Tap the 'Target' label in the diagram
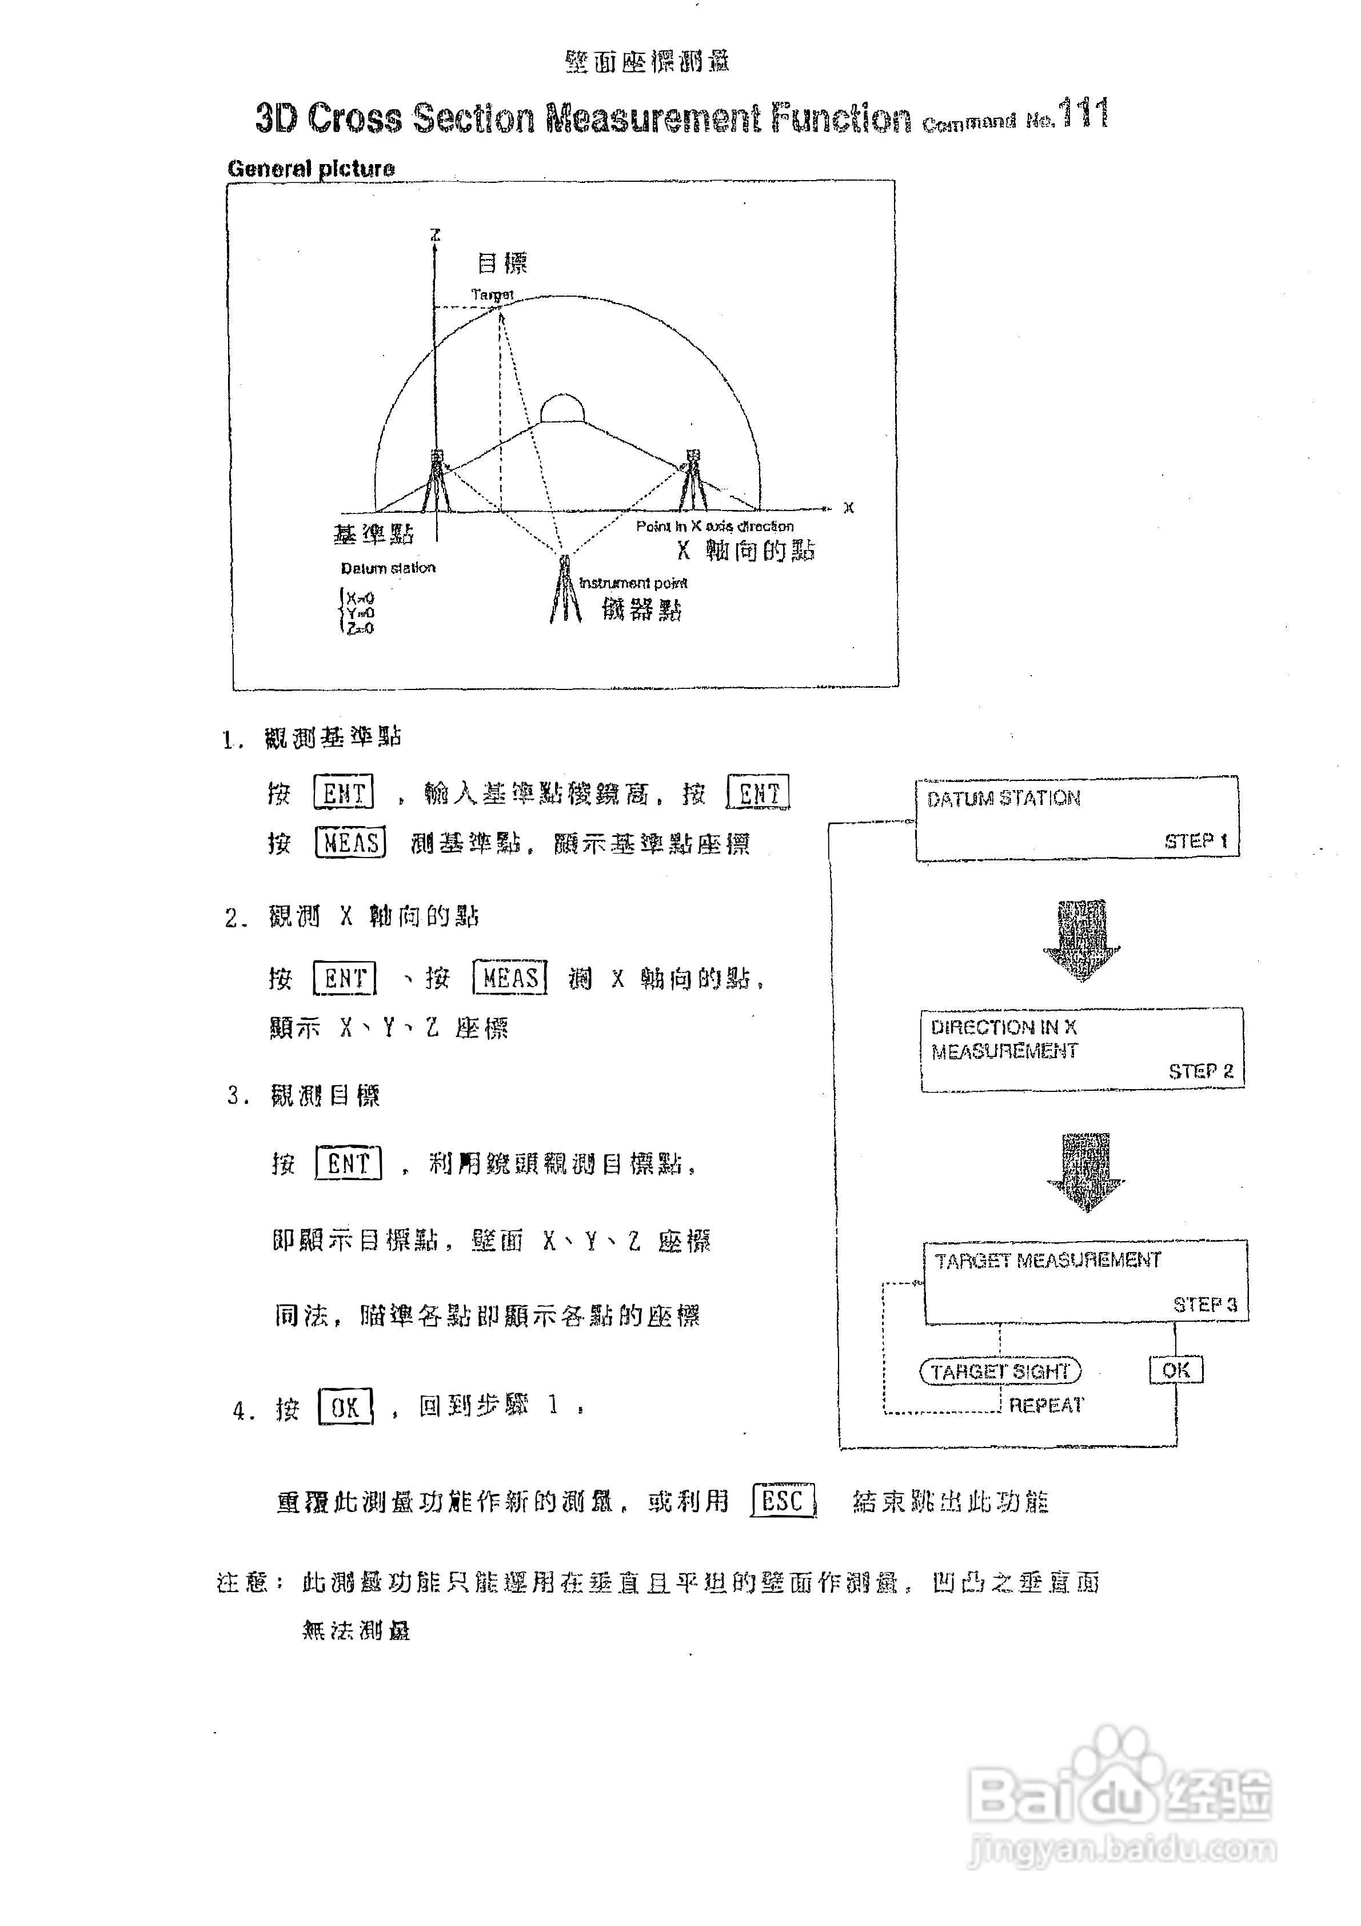492,294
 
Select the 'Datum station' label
388,568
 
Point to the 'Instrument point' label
633,582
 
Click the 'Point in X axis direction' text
715,526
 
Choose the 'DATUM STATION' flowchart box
1077,818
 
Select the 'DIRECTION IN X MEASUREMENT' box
1081,1048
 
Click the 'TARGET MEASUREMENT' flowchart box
1085,1282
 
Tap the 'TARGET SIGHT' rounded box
1000,1371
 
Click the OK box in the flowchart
1176,1370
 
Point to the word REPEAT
1045,1405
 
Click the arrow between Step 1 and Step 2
1081,939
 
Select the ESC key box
783,1501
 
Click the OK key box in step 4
345,1407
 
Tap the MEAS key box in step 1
350,842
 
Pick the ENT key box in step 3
348,1163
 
